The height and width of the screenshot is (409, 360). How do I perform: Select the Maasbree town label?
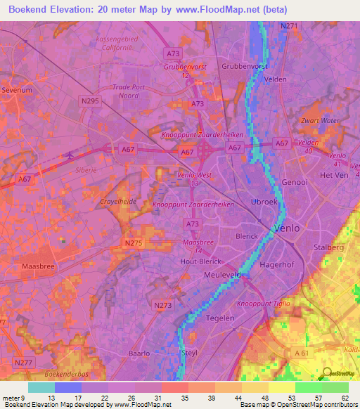(37, 266)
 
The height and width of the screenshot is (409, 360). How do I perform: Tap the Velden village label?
(275, 79)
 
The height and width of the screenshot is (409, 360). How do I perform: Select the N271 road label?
(288, 26)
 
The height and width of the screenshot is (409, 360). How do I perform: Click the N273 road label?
(162, 306)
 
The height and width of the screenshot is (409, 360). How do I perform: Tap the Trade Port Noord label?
(116, 92)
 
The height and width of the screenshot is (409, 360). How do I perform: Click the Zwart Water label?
(320, 120)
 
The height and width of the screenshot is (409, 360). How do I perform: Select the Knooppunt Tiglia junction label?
(263, 304)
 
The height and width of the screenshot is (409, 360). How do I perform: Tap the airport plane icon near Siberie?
(70, 155)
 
